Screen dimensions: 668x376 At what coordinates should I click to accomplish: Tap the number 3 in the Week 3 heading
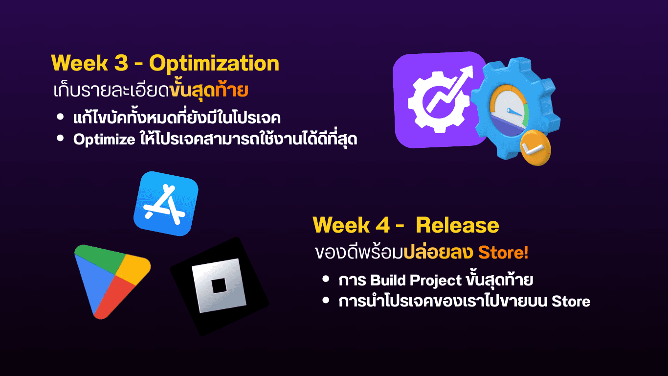[x=121, y=63]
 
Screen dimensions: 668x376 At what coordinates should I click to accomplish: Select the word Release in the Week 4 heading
[x=457, y=225]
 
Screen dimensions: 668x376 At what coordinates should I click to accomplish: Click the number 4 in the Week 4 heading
[x=382, y=225]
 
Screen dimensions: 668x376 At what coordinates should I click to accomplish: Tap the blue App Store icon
[x=166, y=204]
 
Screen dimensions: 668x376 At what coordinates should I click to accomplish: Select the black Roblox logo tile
[x=219, y=286]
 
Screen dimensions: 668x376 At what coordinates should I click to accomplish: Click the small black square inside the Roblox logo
[x=219, y=286]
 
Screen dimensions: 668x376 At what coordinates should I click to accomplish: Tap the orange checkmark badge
[x=535, y=147]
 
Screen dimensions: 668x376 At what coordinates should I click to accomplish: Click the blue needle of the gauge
[x=514, y=112]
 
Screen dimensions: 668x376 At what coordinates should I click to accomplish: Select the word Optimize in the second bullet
[x=104, y=140]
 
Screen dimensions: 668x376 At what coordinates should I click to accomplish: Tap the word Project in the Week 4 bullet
[x=436, y=281]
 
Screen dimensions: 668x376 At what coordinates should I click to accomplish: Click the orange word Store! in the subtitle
[x=503, y=252]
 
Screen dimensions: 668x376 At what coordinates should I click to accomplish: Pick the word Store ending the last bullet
[x=571, y=301]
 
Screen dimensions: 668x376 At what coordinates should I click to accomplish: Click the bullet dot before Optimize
[x=61, y=138]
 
